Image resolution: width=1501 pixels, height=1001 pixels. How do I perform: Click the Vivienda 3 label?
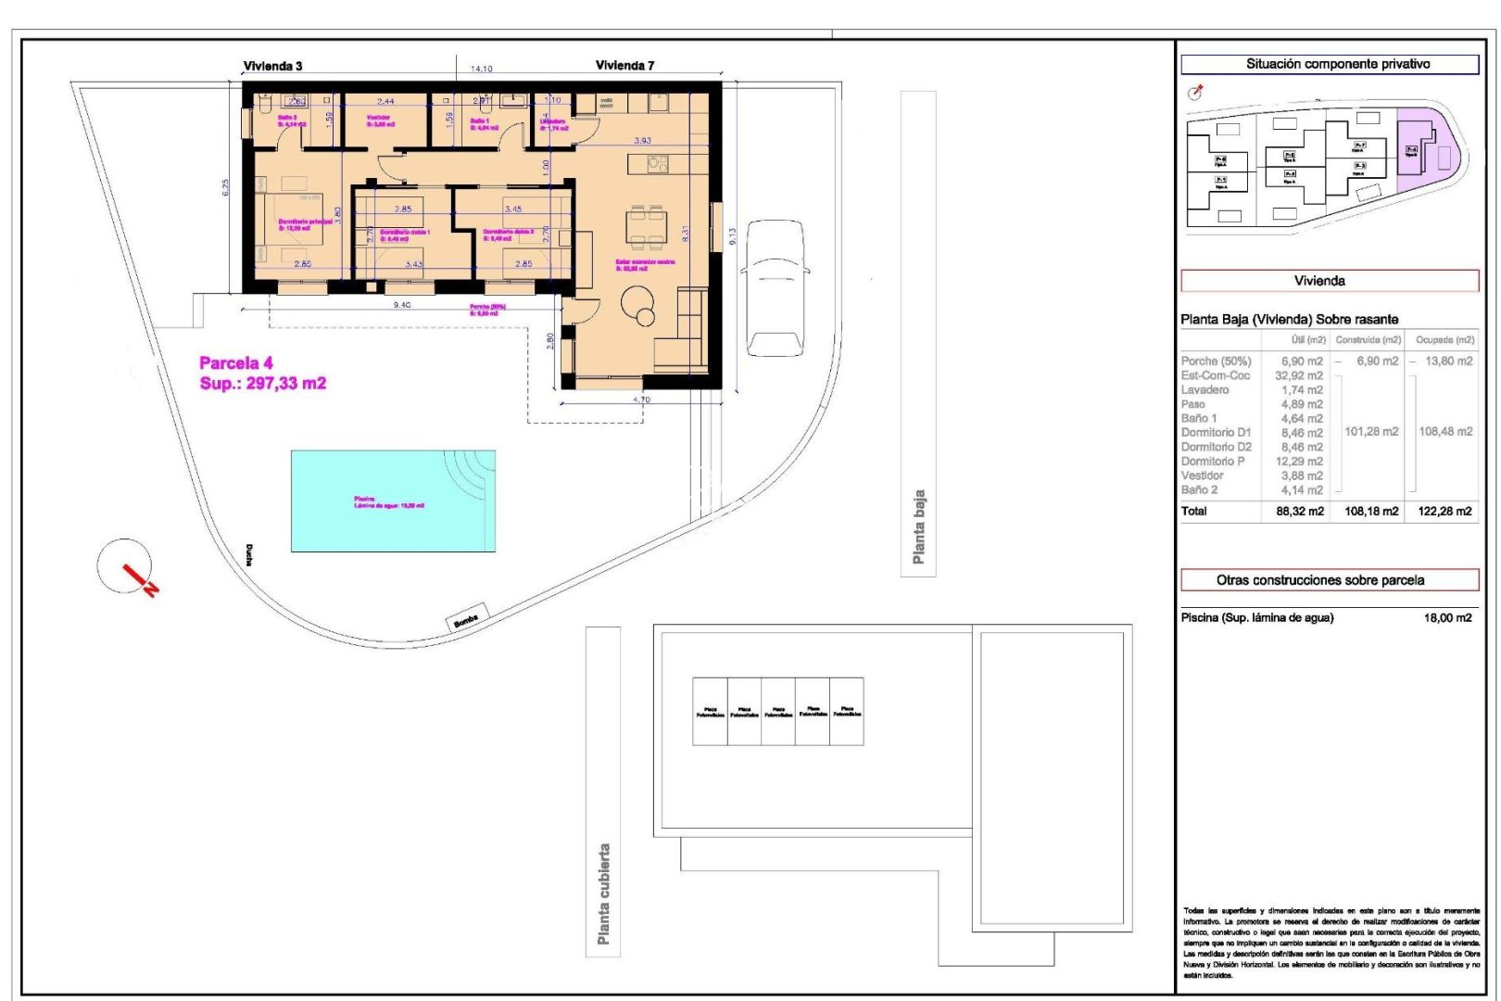(272, 66)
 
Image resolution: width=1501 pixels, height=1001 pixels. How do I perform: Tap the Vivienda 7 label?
(624, 65)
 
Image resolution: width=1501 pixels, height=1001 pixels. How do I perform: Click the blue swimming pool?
(393, 501)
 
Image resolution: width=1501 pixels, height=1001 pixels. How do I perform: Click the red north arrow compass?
(126, 566)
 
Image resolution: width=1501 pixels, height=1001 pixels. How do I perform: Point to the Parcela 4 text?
(236, 363)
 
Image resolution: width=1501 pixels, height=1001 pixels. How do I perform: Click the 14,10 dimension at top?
(481, 69)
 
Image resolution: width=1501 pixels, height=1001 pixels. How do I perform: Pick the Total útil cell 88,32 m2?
(1299, 511)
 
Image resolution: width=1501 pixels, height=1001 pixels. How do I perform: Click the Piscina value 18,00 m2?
(1446, 617)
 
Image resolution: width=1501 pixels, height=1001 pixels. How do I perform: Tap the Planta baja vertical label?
(918, 526)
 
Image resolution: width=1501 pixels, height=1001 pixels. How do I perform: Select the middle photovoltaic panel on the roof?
(778, 712)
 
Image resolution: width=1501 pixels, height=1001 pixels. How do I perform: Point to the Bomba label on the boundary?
(466, 620)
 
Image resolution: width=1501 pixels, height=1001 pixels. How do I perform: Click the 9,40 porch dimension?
(402, 305)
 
